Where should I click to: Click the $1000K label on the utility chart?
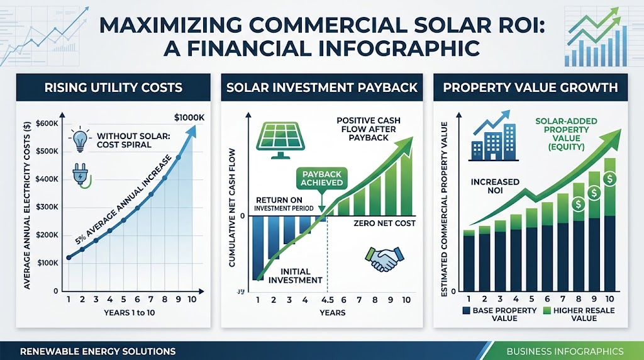[189, 118]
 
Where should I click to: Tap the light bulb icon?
[80, 139]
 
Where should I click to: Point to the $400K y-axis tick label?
[47, 179]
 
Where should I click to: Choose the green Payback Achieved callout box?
[321, 178]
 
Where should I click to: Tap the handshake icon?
[384, 259]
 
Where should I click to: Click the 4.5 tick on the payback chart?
[327, 300]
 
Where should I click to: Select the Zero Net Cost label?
[384, 223]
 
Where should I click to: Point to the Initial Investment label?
[295, 276]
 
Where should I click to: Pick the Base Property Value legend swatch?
[466, 310]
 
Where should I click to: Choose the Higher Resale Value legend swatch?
[547, 310]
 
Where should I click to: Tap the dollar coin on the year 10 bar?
[610, 179]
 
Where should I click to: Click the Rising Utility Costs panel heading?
[113, 87]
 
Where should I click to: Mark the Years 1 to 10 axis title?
[130, 313]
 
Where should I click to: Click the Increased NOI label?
[495, 186]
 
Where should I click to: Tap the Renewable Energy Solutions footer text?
[97, 351]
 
